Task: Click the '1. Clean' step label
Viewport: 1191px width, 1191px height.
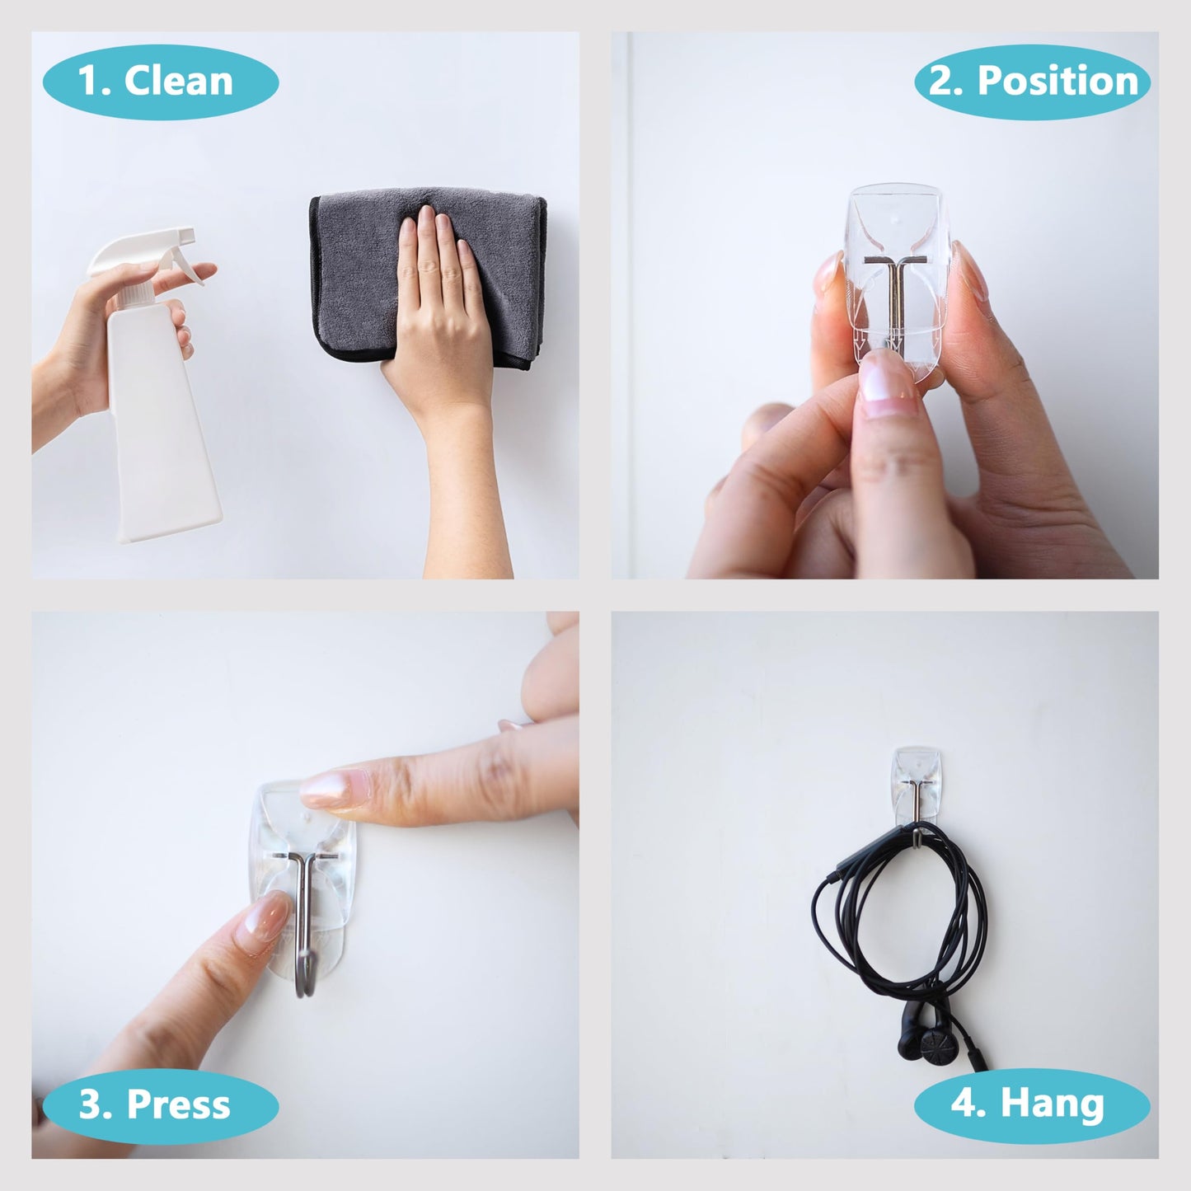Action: click(x=160, y=82)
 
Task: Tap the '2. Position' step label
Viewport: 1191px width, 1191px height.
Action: click(x=1032, y=82)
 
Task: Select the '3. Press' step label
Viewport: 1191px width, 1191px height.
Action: click(x=160, y=1104)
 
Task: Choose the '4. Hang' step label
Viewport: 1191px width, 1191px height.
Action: click(x=1032, y=1104)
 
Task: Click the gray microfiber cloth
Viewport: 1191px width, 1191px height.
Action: click(x=354, y=272)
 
